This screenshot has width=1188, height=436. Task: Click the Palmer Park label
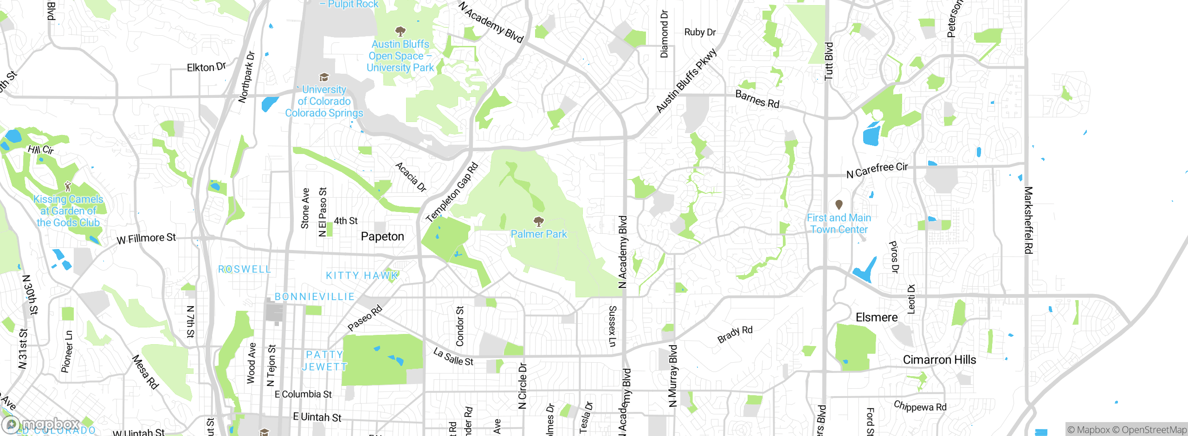click(539, 234)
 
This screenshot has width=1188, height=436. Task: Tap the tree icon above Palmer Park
click(538, 221)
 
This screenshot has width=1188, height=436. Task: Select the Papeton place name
click(382, 237)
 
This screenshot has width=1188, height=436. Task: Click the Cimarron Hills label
click(939, 360)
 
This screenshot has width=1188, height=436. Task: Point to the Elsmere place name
click(877, 318)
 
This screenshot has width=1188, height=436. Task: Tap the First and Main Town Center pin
click(839, 205)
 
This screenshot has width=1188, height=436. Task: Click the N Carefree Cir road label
click(877, 170)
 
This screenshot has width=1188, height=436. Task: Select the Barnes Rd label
click(757, 99)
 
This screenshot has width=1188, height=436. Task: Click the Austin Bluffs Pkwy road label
click(686, 82)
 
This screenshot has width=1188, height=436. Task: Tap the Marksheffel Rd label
click(1028, 220)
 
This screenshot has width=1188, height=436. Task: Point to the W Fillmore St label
click(146, 238)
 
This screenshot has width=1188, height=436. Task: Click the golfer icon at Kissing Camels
click(68, 186)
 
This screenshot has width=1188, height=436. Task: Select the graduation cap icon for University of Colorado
click(324, 77)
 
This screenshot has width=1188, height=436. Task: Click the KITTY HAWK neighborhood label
click(362, 276)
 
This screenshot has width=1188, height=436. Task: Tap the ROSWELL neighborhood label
click(245, 269)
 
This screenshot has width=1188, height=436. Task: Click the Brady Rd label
click(735, 334)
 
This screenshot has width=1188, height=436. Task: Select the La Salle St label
click(453, 357)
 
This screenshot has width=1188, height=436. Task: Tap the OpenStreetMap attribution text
click(1154, 430)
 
